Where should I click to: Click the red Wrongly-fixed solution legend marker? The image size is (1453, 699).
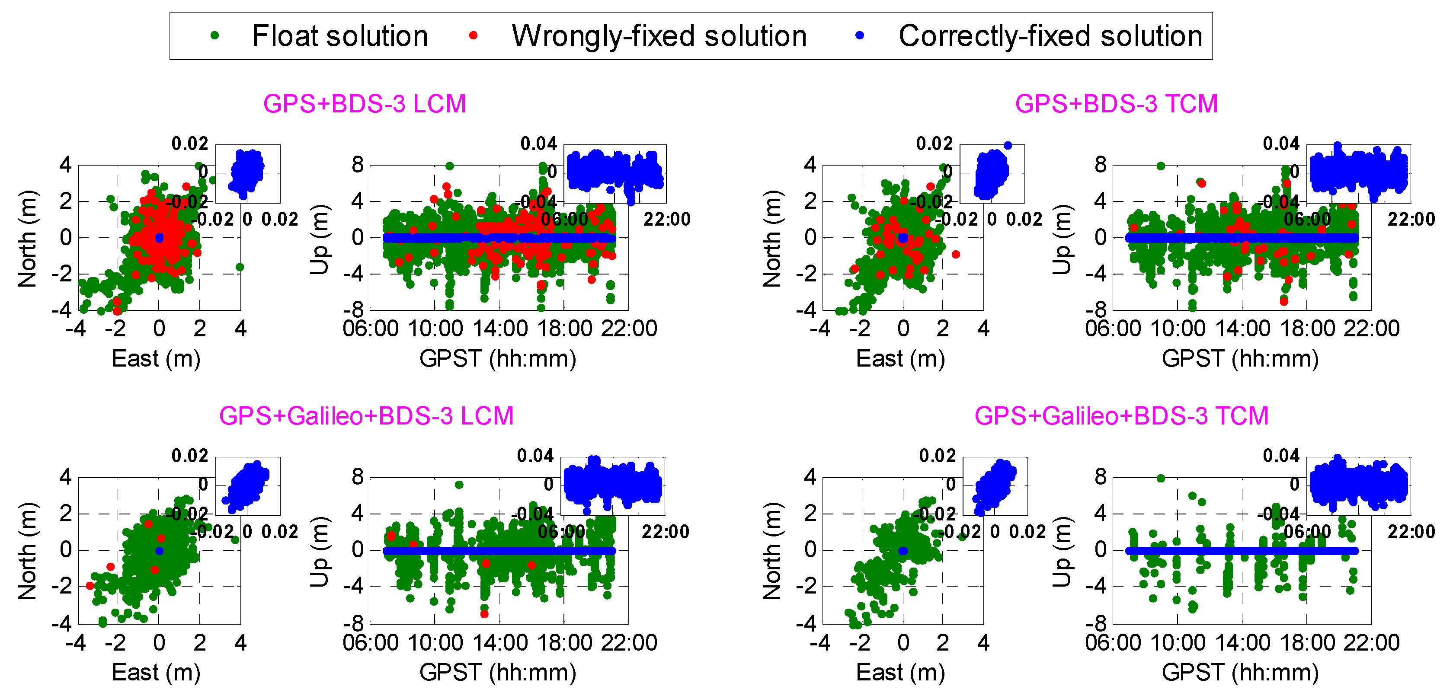(473, 35)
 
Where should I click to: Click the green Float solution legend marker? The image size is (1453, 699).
(214, 35)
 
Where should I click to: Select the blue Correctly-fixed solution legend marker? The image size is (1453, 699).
(860, 35)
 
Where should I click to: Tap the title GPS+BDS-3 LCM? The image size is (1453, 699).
(365, 104)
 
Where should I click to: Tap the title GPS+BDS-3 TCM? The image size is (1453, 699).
(1116, 104)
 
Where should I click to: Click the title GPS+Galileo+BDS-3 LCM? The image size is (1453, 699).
(366, 416)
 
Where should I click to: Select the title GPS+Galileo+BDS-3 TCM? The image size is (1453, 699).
(1121, 416)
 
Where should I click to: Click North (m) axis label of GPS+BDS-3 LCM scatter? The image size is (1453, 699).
(27, 239)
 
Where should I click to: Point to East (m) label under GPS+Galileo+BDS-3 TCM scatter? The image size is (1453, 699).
(900, 672)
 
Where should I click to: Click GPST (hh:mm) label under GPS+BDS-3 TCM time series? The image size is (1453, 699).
(1240, 358)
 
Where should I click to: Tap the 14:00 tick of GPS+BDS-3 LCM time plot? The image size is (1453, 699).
(499, 329)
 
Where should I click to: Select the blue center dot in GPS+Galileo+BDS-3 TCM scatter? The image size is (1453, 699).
(903, 551)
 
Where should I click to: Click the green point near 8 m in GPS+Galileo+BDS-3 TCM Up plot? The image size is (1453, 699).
(1161, 478)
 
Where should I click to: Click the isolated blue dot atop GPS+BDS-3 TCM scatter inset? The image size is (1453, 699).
(1008, 145)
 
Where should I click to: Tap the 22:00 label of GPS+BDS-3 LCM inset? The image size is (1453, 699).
(667, 219)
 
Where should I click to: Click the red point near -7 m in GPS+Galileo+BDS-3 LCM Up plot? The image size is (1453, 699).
(484, 614)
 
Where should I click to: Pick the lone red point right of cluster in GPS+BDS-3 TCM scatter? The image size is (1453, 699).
(956, 254)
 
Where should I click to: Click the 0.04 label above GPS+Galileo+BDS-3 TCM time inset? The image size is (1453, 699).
(1281, 456)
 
